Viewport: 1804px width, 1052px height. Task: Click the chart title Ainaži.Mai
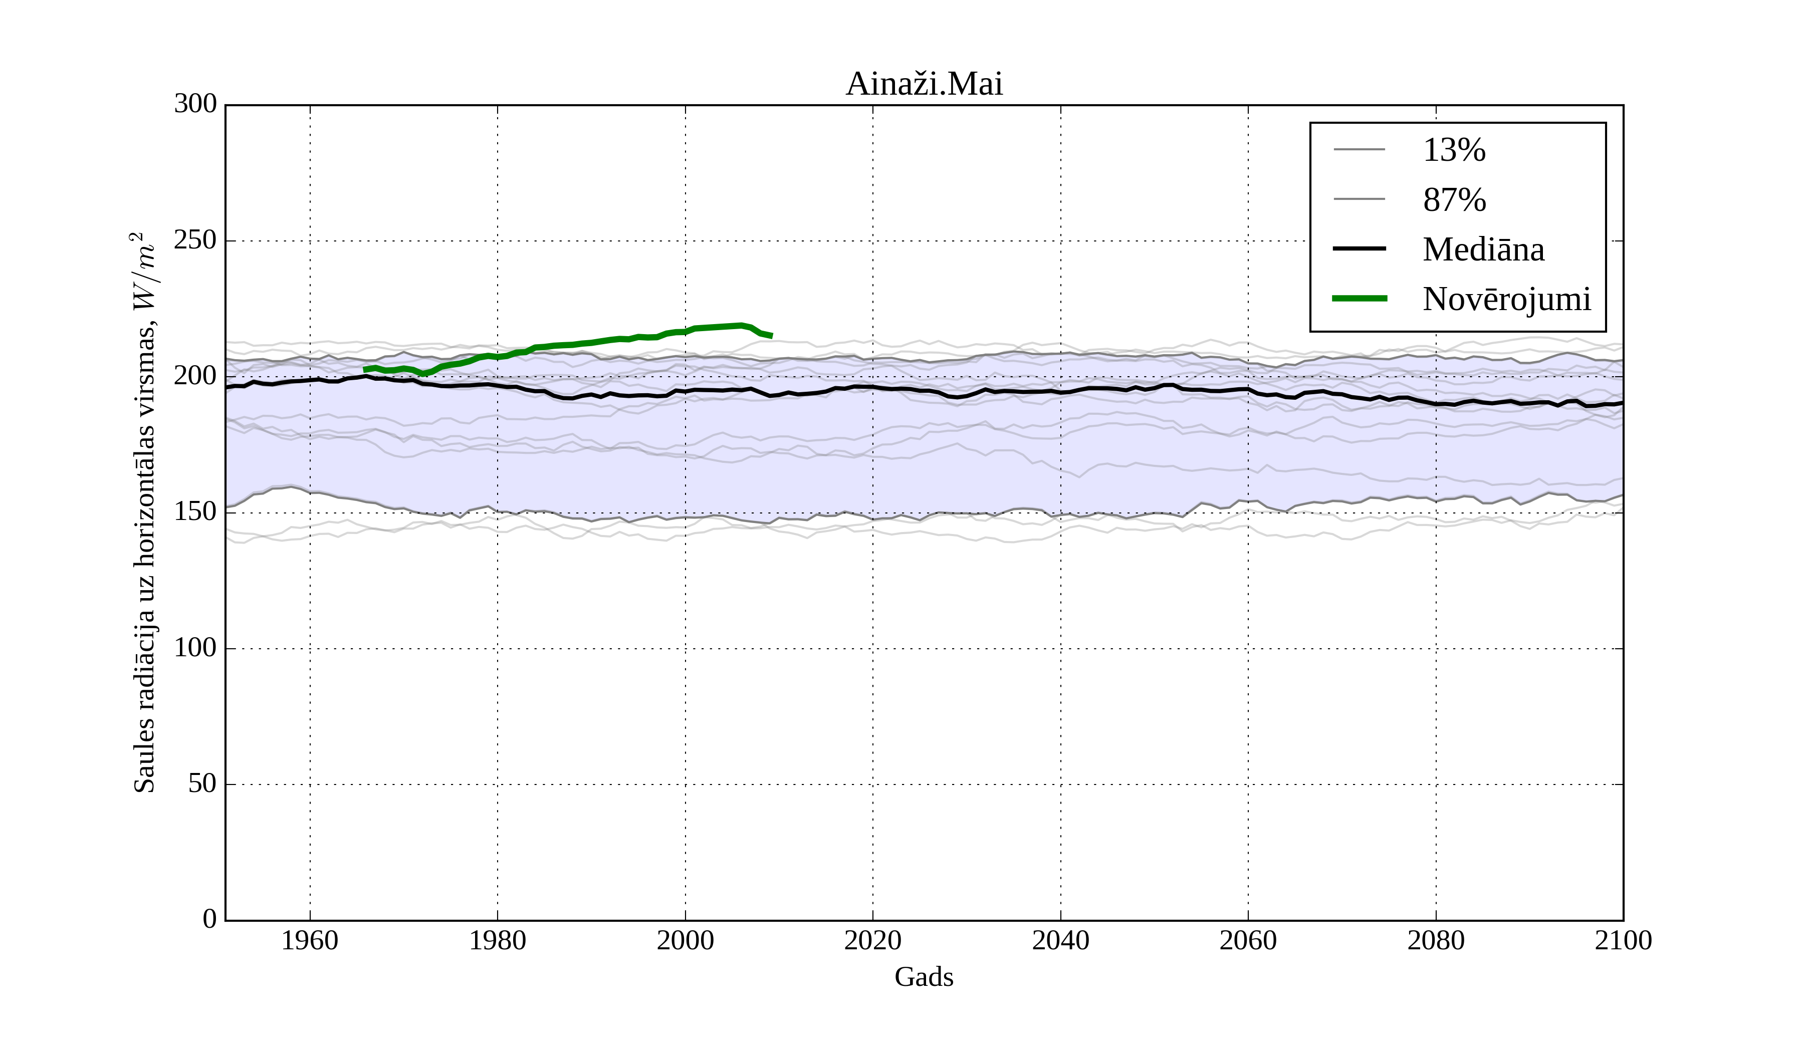[x=924, y=85]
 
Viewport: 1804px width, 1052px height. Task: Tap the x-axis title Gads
[x=924, y=977]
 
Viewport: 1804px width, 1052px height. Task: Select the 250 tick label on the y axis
[x=195, y=240]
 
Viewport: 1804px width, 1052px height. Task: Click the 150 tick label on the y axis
[x=195, y=512]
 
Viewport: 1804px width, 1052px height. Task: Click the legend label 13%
[x=1454, y=150]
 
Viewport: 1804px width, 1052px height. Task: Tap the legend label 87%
[x=1454, y=200]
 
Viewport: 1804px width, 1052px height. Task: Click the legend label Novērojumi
[x=1506, y=299]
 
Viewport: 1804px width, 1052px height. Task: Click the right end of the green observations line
[x=772, y=336]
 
